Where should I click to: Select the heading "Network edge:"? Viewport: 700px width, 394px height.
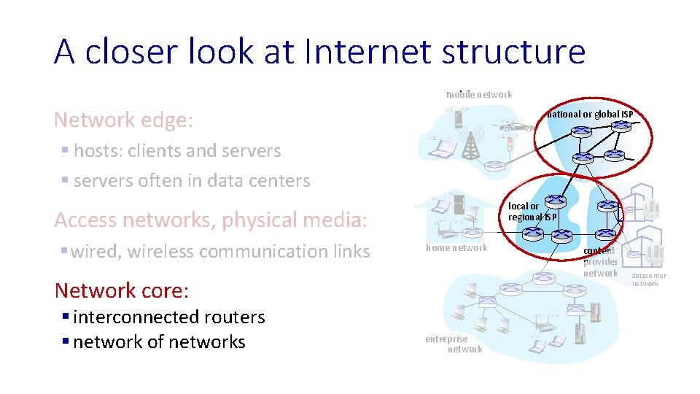click(124, 120)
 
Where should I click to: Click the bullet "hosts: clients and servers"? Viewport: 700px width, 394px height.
click(176, 151)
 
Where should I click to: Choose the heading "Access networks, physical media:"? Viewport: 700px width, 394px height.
click(211, 220)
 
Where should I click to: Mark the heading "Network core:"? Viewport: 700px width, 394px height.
click(122, 290)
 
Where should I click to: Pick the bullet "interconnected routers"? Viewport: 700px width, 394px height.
click(168, 317)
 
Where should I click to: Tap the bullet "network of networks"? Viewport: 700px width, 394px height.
click(159, 341)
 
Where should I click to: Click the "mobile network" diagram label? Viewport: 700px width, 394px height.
click(479, 94)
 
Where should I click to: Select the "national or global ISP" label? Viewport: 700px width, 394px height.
click(590, 114)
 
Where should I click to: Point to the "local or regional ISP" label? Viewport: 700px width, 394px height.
click(532, 212)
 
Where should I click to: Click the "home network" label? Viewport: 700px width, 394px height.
click(456, 248)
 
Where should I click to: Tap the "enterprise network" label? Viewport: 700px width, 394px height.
click(454, 344)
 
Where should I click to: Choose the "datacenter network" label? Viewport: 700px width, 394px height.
click(648, 279)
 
